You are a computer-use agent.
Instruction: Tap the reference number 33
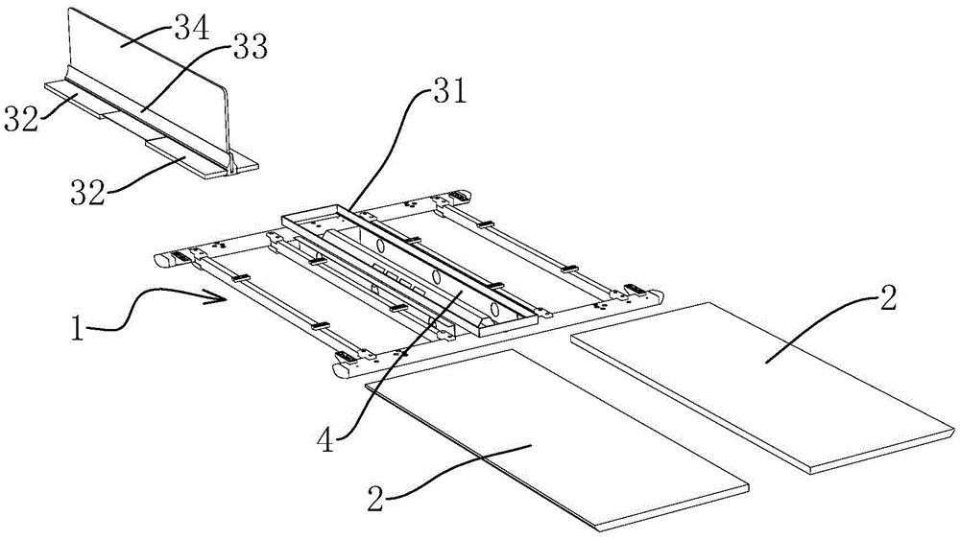[247, 44]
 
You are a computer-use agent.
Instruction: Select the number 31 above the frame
[447, 93]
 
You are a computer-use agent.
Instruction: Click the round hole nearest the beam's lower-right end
[495, 310]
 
